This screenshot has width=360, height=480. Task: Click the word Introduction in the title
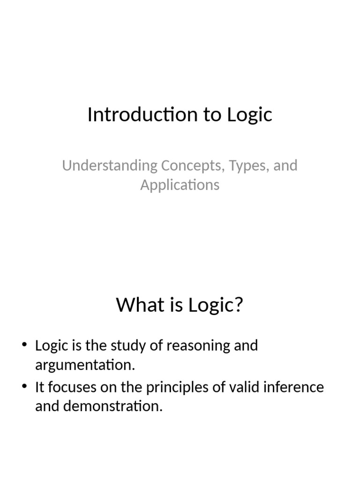pos(134,115)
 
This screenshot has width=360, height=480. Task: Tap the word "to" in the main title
pos(212,115)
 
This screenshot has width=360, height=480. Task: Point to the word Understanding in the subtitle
pos(110,166)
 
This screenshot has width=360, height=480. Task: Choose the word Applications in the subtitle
pos(180,185)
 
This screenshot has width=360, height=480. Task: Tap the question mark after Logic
pos(239,305)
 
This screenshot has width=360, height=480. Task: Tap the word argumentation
pos(85,365)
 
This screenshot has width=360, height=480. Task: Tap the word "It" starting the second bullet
pos(40,388)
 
